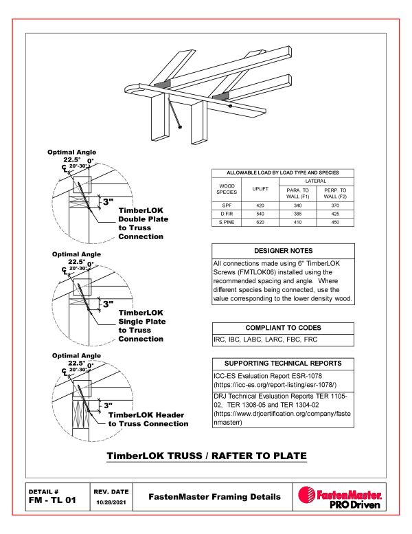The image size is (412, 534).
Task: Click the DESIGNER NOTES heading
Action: point(283,251)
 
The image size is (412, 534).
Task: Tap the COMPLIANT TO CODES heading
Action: point(283,328)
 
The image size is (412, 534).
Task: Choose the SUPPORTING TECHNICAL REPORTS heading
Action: point(283,363)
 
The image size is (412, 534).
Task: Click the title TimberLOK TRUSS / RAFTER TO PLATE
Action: point(205,456)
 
